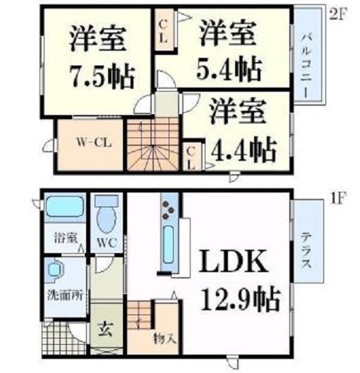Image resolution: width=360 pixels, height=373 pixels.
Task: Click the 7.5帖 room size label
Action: coord(102,73)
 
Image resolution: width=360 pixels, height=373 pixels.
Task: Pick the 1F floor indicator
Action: coord(337,198)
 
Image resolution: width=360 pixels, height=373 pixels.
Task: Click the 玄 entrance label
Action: coord(103,328)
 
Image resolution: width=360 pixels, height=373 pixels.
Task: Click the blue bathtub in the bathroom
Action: coord(64,209)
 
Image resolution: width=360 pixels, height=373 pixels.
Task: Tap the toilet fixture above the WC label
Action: coord(107,216)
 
